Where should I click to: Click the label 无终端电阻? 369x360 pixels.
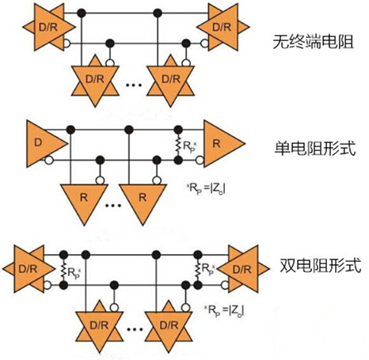click(x=314, y=42)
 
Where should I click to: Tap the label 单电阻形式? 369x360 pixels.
click(x=315, y=148)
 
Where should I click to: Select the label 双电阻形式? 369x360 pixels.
click(x=320, y=265)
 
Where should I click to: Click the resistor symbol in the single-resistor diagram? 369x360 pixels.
click(x=178, y=145)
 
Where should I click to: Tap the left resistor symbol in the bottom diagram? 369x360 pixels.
click(x=63, y=270)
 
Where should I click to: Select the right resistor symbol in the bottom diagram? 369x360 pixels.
click(x=198, y=270)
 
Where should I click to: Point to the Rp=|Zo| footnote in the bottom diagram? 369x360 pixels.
click(x=224, y=311)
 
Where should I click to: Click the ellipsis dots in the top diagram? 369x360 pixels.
click(x=134, y=85)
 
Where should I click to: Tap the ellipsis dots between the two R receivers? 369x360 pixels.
click(x=113, y=205)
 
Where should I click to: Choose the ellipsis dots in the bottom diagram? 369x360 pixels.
click(x=135, y=329)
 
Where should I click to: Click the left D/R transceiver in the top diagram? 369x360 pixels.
click(x=49, y=27)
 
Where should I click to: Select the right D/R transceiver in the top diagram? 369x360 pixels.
click(x=223, y=27)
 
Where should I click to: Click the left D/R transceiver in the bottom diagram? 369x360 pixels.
click(x=29, y=269)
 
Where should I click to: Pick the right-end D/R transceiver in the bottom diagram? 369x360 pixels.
click(x=243, y=269)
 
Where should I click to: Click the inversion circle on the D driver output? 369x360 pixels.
click(x=48, y=161)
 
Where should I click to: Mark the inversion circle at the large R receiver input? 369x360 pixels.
click(x=200, y=160)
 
